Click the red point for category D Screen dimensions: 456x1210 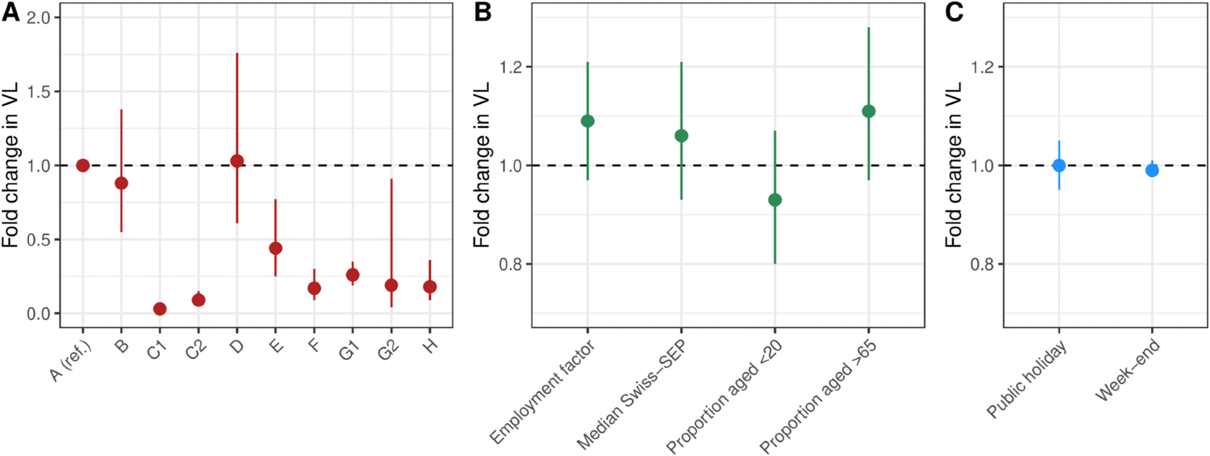(x=237, y=161)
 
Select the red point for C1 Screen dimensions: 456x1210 (x=160, y=309)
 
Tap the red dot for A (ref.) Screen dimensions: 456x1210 (x=83, y=165)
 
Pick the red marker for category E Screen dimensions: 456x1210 (x=275, y=248)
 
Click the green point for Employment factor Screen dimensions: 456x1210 (x=587, y=121)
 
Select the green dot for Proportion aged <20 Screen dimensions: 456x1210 (x=775, y=200)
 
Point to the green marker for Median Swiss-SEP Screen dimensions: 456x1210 (x=681, y=135)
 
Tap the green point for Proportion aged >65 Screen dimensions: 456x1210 (x=869, y=111)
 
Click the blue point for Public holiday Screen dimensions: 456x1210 (x=1059, y=165)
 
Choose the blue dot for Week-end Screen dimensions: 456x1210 (x=1152, y=171)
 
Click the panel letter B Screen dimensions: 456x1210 (x=482, y=12)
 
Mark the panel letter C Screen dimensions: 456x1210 (x=954, y=12)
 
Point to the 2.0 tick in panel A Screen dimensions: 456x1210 (x=39, y=18)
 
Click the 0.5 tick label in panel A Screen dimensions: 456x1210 (x=39, y=240)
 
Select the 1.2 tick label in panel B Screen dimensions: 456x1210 (x=511, y=67)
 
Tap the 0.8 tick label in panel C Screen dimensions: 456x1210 (x=983, y=264)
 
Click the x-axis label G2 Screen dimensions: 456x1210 (x=388, y=350)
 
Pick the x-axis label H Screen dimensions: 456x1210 (x=430, y=346)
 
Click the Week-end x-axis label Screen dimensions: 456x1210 (x=1128, y=370)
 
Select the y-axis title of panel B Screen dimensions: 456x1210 (x=482, y=164)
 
